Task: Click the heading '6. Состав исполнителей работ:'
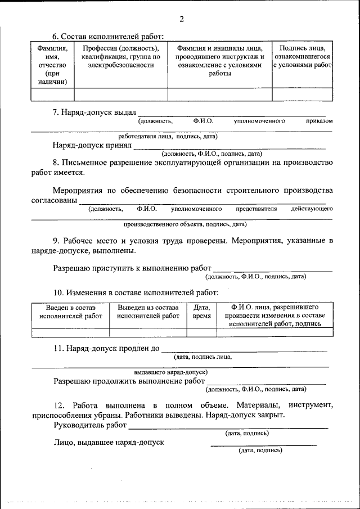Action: pos(108,37)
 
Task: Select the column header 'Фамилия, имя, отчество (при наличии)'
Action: pos(52,65)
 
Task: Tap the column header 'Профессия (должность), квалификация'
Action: pos(121,56)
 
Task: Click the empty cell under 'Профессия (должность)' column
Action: pos(121,94)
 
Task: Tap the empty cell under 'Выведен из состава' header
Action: pos(148,332)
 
